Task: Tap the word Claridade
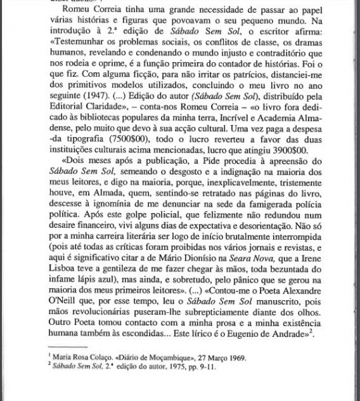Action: click(77, 126)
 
